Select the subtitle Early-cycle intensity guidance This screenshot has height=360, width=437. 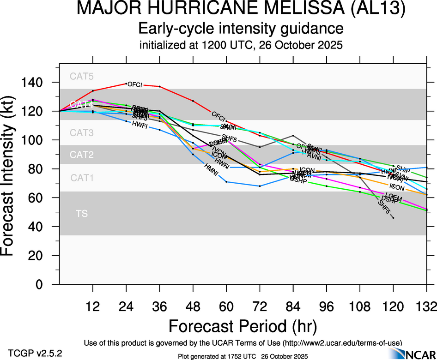click(x=241, y=30)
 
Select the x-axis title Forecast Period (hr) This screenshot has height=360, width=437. click(x=243, y=326)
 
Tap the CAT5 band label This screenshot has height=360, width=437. click(x=81, y=77)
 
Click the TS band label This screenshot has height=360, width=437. click(x=81, y=214)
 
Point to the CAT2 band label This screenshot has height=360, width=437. click(x=81, y=155)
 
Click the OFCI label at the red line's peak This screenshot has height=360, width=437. click(x=134, y=84)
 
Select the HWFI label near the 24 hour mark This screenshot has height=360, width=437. click(x=140, y=125)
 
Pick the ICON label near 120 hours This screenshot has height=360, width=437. click(x=397, y=187)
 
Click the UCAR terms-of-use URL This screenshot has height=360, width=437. click(x=342, y=342)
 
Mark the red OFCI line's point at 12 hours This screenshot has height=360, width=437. click(x=93, y=91)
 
